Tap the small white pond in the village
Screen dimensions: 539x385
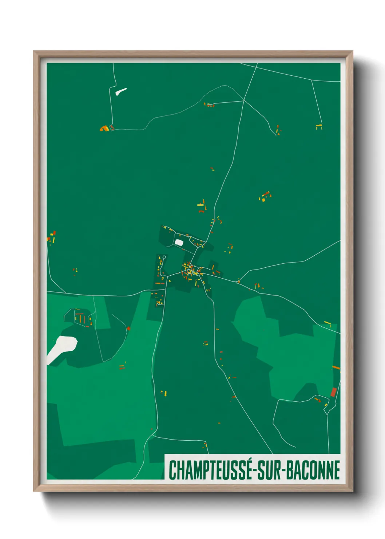point(179,242)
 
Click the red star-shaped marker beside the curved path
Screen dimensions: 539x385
point(128,328)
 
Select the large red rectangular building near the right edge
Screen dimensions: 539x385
point(333,392)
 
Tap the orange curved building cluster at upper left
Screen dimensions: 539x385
point(104,128)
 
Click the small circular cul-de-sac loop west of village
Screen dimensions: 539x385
point(164,257)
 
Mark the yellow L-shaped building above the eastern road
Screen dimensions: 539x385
point(328,323)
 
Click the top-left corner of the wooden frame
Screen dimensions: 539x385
point(34,52)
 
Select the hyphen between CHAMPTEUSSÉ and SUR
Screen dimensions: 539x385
point(255,471)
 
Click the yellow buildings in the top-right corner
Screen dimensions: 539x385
point(319,127)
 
